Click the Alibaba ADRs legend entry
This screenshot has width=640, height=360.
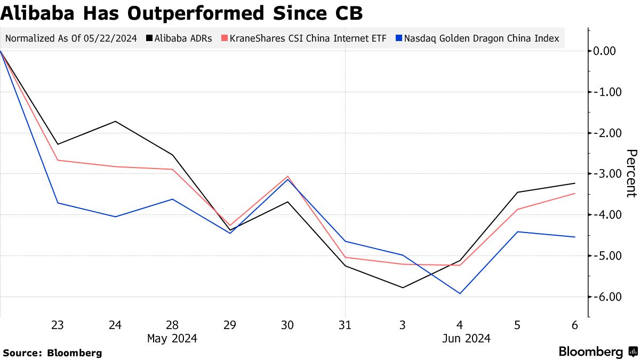(180, 38)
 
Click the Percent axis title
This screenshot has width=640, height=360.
(631, 173)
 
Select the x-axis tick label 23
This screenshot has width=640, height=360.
(58, 325)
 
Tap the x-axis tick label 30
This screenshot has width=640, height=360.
(287, 325)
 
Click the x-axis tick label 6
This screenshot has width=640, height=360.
(574, 325)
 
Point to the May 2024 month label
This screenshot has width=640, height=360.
(172, 339)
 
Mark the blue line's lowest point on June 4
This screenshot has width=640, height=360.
(460, 293)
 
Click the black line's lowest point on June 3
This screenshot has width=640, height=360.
(402, 287)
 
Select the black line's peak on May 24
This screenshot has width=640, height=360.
(115, 122)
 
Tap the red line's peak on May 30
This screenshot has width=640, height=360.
(287, 176)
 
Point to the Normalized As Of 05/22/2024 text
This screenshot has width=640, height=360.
(71, 38)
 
